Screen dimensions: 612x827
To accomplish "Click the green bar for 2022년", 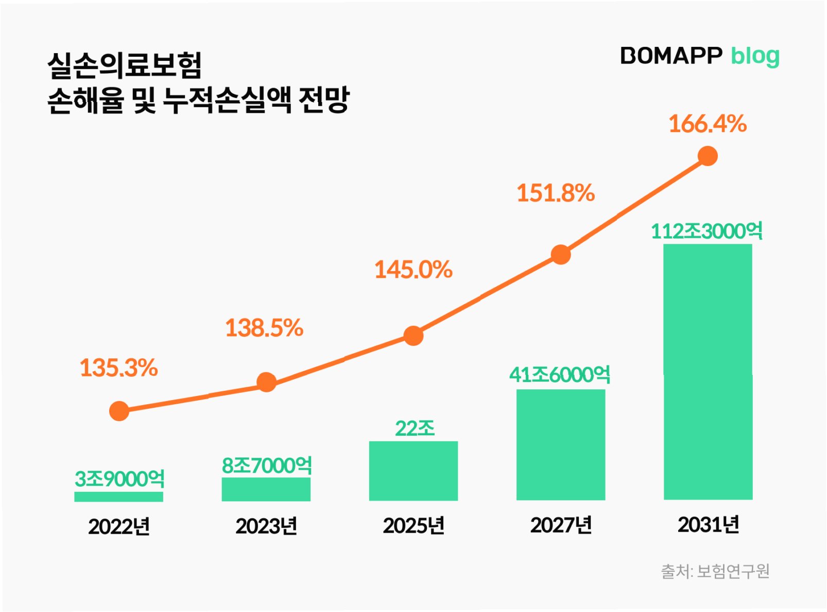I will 118,497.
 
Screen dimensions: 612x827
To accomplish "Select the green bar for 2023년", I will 266,489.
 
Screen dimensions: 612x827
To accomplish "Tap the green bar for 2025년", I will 413,471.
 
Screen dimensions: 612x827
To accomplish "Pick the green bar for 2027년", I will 560,444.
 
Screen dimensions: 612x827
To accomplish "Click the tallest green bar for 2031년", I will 708,372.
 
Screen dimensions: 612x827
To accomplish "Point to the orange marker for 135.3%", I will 119,411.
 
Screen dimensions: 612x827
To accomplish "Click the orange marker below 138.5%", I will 266,382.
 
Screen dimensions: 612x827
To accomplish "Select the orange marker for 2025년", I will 413,336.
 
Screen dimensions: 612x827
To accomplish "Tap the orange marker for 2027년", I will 561,254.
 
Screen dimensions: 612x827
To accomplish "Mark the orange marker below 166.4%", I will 708,156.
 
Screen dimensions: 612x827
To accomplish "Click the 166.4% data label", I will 708,124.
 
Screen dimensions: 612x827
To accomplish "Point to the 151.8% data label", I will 556,193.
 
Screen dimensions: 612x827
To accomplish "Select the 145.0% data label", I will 413,270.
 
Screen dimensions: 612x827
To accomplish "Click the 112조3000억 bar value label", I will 707,231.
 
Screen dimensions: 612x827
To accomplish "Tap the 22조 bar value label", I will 415,428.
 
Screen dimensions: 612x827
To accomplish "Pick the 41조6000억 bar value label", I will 560,374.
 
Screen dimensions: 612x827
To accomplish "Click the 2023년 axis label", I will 266,526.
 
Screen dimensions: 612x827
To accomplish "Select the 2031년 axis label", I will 708,525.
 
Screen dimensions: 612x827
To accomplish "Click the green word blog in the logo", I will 755,56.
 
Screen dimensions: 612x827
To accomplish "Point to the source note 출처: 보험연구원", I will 715,571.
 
